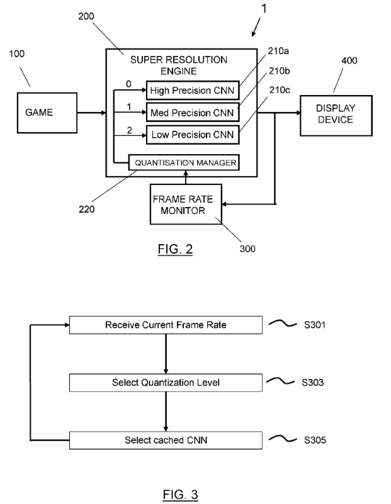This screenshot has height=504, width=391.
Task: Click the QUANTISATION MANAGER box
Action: coord(184,162)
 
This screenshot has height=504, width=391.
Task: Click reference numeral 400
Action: coord(349,61)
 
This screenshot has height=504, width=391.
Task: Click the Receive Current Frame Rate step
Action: coord(166,325)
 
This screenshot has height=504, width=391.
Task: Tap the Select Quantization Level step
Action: coord(166,383)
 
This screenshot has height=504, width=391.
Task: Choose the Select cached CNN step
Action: coord(166,439)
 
